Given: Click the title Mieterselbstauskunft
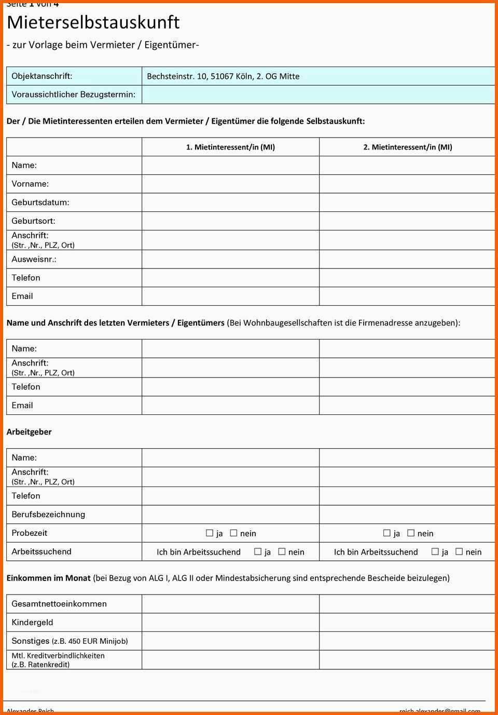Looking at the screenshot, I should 93,22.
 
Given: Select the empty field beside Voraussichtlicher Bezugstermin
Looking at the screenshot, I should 317,95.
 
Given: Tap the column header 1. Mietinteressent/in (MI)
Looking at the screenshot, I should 230,147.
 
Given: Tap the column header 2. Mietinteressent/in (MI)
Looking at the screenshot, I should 407,147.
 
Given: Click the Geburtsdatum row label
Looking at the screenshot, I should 40,203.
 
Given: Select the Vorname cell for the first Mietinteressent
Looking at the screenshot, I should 230,184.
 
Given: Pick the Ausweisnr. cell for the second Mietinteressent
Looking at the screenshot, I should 407,259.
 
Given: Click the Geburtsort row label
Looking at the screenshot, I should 34,221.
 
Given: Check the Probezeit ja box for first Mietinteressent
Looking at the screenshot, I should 210,533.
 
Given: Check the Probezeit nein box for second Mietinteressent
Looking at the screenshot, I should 411,533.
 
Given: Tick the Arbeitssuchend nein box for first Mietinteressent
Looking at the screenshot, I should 282,551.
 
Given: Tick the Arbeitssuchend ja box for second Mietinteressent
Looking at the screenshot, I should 435,551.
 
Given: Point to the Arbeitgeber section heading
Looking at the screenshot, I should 29,431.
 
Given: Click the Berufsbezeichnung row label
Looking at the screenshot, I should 48,514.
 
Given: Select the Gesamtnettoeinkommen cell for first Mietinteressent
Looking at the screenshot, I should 230,604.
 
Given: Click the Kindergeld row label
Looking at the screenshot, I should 32,622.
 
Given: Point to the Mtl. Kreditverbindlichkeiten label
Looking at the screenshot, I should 58,655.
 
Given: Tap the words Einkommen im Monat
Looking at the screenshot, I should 48,578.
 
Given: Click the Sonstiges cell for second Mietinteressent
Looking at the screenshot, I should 407,641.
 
